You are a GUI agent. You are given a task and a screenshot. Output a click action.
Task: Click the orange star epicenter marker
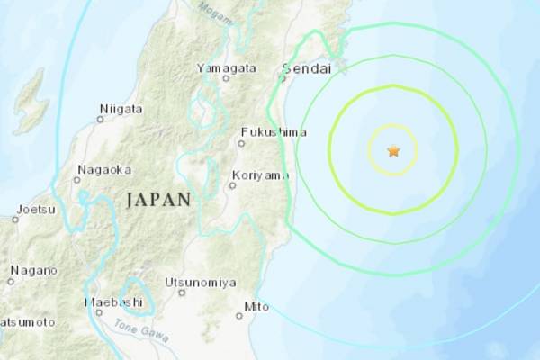tap(393, 151)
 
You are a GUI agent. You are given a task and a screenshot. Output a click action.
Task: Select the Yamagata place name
tap(226, 67)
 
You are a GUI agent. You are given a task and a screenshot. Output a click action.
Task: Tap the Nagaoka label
tap(105, 168)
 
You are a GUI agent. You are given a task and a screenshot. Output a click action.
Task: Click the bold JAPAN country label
tap(158, 200)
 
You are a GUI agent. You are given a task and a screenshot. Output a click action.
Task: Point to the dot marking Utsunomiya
tap(181, 291)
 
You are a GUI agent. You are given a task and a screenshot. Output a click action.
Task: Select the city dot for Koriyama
tap(232, 185)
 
